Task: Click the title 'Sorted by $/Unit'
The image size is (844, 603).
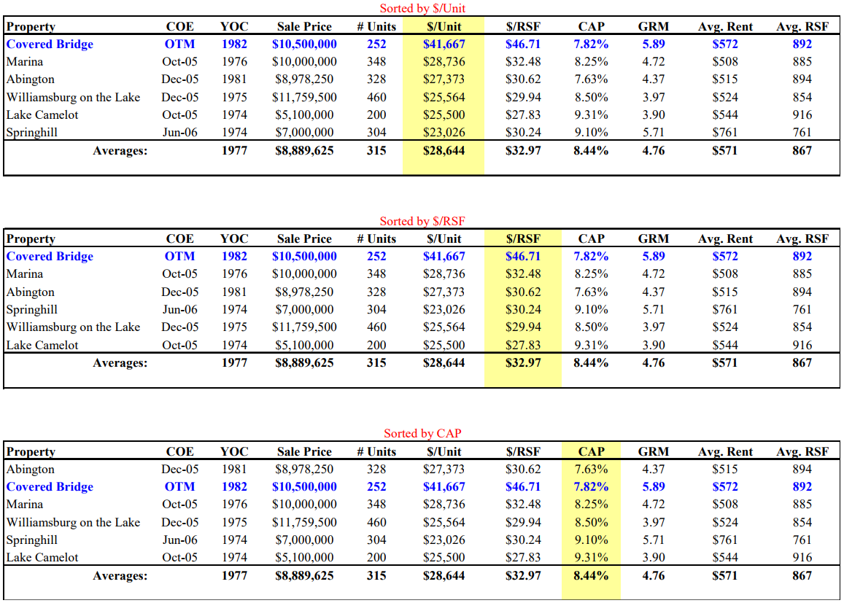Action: pyautogui.click(x=422, y=9)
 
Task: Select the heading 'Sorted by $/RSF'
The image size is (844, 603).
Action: pyautogui.click(x=422, y=221)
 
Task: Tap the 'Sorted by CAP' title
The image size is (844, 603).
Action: pyautogui.click(x=422, y=433)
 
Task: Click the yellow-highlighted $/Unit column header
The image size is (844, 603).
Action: pyautogui.click(x=444, y=27)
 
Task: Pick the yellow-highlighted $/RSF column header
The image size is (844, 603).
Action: pyautogui.click(x=522, y=239)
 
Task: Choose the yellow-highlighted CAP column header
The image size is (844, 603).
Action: pyautogui.click(x=591, y=452)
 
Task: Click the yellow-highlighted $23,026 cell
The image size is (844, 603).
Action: pyautogui.click(x=444, y=133)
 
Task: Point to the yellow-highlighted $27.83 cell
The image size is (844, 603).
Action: pyautogui.click(x=522, y=345)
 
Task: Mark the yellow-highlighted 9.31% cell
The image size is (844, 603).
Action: pyautogui.click(x=591, y=558)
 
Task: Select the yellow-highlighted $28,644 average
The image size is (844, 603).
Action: pyautogui.click(x=444, y=151)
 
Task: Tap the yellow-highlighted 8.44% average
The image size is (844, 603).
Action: pyautogui.click(x=591, y=576)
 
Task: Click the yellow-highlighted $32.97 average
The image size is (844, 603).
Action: pyautogui.click(x=522, y=363)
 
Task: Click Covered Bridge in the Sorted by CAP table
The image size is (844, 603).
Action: pyautogui.click(x=50, y=487)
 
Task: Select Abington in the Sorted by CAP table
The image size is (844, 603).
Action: pyautogui.click(x=30, y=470)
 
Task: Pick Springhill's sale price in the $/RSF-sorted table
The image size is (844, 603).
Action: pyautogui.click(x=304, y=310)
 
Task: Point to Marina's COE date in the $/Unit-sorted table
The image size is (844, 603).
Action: pyautogui.click(x=179, y=62)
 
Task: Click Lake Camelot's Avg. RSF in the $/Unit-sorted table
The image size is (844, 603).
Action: pyautogui.click(x=802, y=115)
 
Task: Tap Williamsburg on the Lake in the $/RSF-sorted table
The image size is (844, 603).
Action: pyautogui.click(x=73, y=327)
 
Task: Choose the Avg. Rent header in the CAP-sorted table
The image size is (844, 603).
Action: pyautogui.click(x=725, y=452)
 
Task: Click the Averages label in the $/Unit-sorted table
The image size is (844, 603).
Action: pyautogui.click(x=120, y=151)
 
